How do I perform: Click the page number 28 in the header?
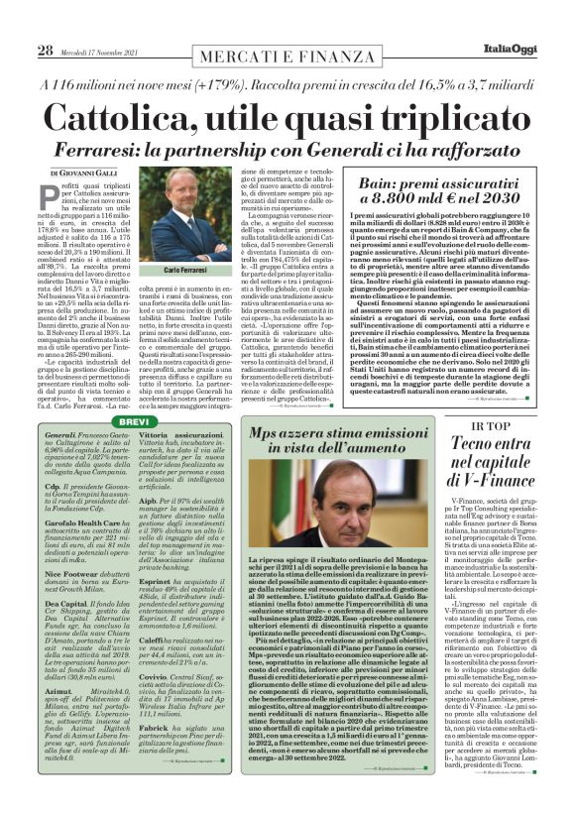46,51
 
